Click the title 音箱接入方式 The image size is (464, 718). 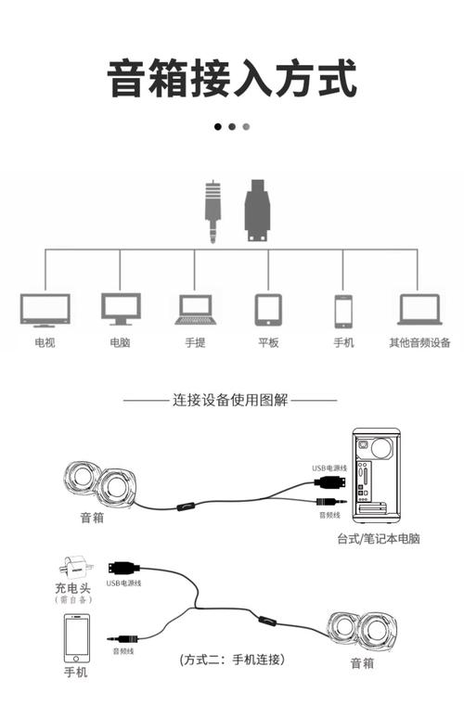click(232, 78)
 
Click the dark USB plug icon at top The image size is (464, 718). click(257, 212)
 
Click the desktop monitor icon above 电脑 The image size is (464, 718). click(121, 309)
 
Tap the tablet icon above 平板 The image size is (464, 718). click(269, 310)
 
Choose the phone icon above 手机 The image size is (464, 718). click(343, 310)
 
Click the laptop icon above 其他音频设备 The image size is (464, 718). click(419, 310)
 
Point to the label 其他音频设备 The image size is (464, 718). click(419, 342)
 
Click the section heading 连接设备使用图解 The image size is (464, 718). click(231, 401)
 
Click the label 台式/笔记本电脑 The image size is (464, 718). click(379, 538)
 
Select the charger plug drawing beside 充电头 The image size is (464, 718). click(69, 567)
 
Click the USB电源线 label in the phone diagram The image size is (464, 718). click(124, 583)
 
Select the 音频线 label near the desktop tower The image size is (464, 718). click(329, 514)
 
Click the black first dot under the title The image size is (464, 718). click(218, 126)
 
